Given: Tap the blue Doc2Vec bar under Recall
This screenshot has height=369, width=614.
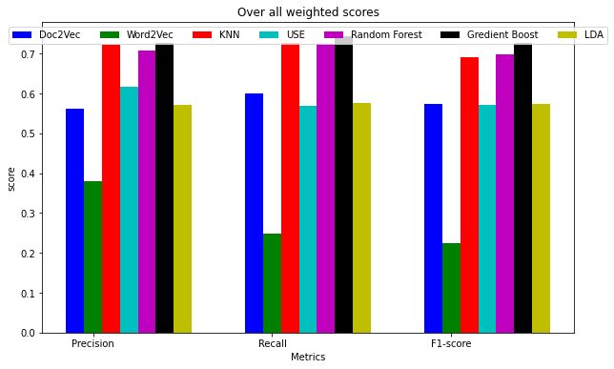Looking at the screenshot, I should pyautogui.click(x=254, y=213).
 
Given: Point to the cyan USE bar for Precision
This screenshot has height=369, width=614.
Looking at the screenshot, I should pyautogui.click(x=129, y=210).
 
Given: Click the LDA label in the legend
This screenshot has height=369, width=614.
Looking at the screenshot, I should pyautogui.click(x=593, y=34).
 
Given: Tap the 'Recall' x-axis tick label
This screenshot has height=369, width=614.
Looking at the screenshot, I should pyautogui.click(x=272, y=343).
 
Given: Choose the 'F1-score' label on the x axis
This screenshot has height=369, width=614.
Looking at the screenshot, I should pyautogui.click(x=451, y=343).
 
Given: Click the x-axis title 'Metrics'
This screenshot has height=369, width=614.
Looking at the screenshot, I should pyautogui.click(x=308, y=358).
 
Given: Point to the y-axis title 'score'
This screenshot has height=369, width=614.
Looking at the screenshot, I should pyautogui.click(x=12, y=178).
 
